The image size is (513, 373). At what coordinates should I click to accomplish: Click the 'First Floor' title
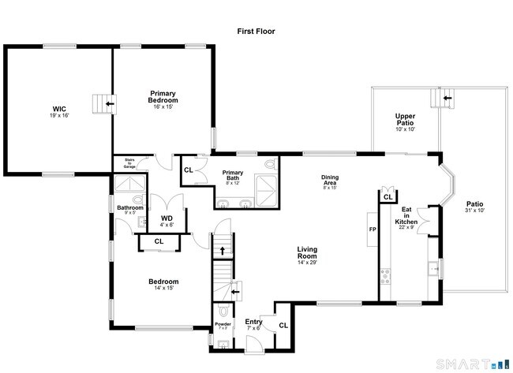point(256,32)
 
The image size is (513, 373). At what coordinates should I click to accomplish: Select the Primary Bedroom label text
point(163,96)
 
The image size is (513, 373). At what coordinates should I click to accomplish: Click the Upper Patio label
point(405,120)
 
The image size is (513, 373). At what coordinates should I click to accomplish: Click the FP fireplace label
point(373,229)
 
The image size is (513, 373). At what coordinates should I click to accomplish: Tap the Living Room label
point(307,253)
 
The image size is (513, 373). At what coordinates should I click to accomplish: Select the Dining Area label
point(330,177)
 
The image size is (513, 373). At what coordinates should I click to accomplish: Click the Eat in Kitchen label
point(406,216)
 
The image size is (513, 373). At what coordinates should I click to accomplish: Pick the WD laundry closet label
point(167,218)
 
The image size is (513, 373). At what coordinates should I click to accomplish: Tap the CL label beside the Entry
point(283,325)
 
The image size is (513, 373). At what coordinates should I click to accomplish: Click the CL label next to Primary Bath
point(189,170)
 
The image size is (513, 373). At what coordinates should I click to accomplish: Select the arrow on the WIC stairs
point(108,103)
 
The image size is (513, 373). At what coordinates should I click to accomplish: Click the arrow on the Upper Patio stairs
point(448,98)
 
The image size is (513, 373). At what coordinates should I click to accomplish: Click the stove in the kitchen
point(386,276)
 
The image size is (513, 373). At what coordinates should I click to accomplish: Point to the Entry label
point(253,322)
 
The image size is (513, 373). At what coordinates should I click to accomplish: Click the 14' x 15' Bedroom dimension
point(163,289)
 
